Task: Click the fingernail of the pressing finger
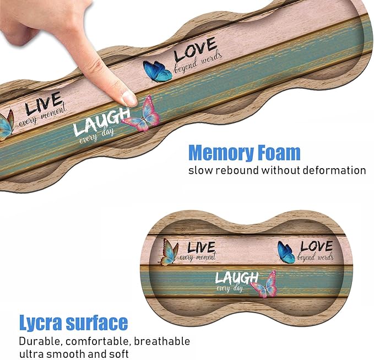[x=129, y=98]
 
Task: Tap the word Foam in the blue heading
[x=279, y=152]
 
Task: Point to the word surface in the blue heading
[x=97, y=323]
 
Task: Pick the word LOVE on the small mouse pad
[x=316, y=246]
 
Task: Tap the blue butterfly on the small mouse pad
[x=286, y=252]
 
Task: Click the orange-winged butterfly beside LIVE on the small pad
[x=170, y=253]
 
